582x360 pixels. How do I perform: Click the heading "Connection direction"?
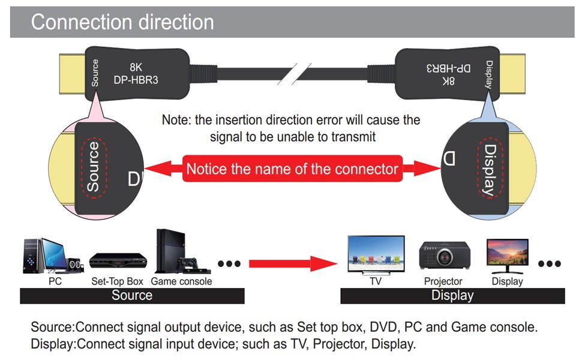tap(122, 22)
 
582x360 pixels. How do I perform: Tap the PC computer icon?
tap(53, 256)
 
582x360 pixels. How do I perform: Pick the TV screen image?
tap(376, 254)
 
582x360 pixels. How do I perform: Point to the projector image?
tap(444, 255)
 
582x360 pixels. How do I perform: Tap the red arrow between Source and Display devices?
tap(293, 262)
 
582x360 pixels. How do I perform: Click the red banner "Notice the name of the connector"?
tap(292, 169)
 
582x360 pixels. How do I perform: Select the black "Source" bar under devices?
tap(132, 295)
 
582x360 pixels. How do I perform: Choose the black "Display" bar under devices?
tap(452, 295)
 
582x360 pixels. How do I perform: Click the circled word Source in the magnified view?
tap(93, 166)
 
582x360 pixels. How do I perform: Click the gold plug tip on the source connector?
tap(71, 74)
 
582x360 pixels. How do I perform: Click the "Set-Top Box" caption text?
tap(117, 281)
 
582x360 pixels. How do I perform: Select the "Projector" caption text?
tap(443, 281)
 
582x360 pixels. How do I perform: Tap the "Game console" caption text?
tap(181, 281)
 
